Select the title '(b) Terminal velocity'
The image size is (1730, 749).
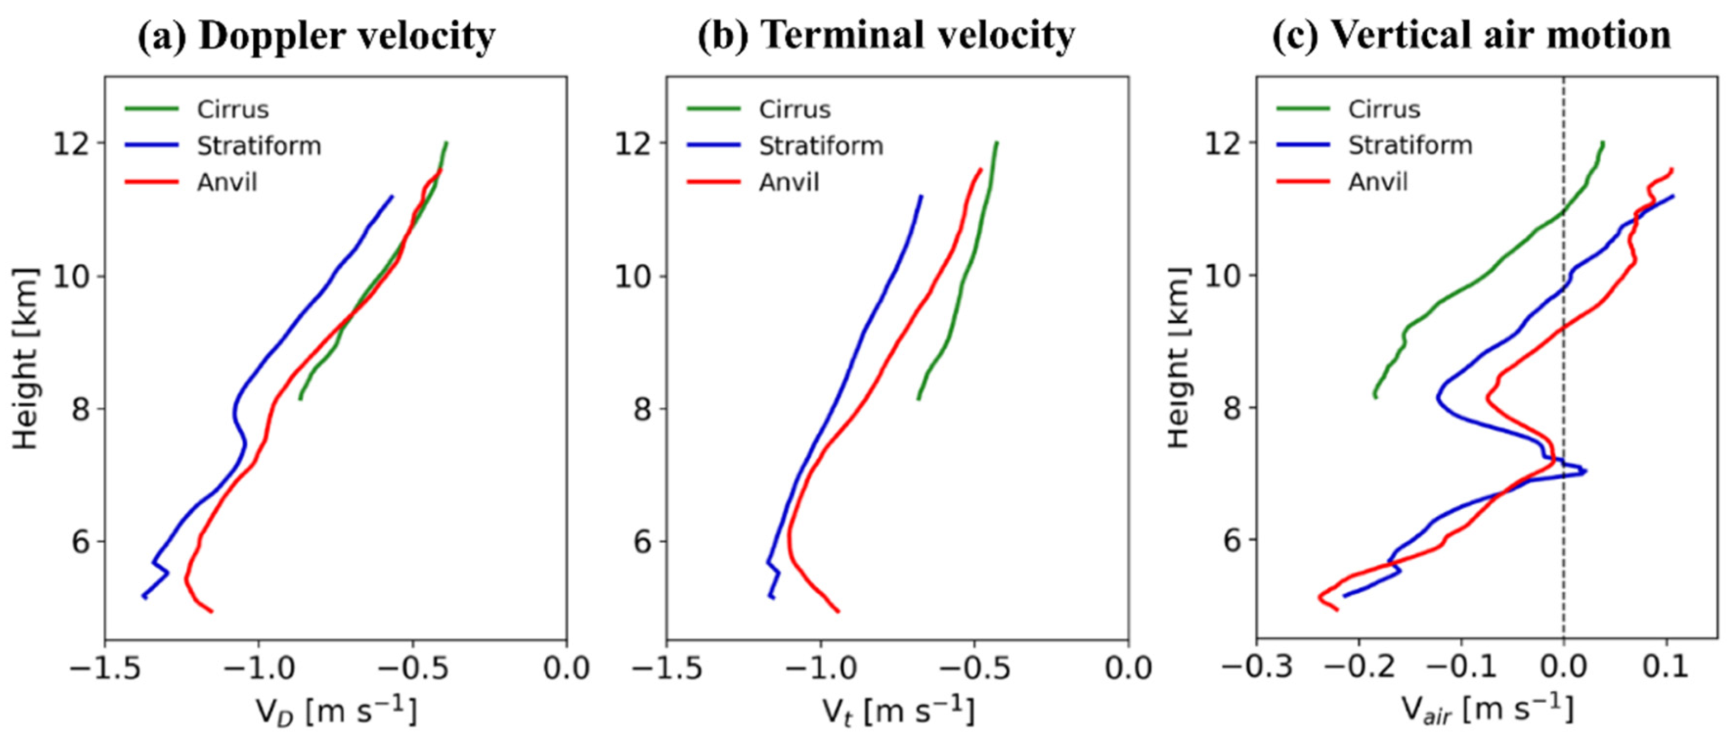pos(886,36)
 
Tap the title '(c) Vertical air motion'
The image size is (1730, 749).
pos(1471,36)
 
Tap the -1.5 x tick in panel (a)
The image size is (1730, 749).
pos(104,669)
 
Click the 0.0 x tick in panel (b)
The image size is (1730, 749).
pos(1128,669)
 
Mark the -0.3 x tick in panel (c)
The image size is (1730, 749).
pos(1257,668)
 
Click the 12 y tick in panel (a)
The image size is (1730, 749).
pos(72,143)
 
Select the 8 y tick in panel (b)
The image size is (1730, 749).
pos(643,408)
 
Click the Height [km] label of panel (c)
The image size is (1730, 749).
pos(1178,357)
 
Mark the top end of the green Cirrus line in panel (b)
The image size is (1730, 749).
pos(997,143)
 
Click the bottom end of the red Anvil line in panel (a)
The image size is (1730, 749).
pos(212,611)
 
